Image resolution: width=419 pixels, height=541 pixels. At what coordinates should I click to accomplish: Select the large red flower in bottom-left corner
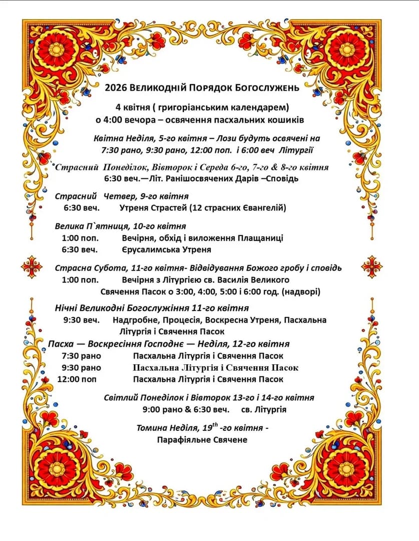point(56,469)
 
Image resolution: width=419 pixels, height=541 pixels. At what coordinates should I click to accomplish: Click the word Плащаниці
point(263,237)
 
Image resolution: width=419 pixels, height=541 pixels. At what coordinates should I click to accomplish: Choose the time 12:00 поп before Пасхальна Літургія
point(77,379)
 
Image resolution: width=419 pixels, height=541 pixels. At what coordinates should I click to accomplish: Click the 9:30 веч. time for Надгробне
point(81,320)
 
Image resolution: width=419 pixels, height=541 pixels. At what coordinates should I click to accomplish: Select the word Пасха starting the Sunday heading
point(62,344)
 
